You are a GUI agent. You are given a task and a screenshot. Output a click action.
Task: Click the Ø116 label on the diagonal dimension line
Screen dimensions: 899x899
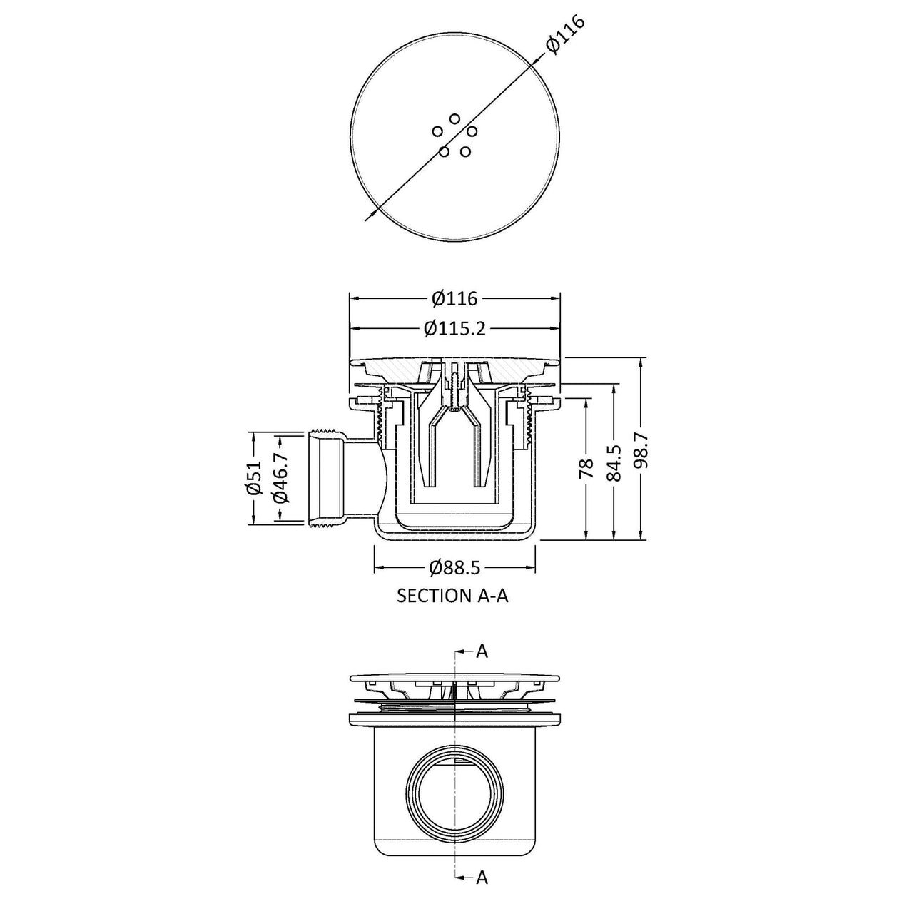[x=565, y=35]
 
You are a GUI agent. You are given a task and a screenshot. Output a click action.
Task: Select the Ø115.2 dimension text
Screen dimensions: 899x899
[x=455, y=329]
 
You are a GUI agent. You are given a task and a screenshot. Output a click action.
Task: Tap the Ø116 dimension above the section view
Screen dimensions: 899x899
[x=455, y=298]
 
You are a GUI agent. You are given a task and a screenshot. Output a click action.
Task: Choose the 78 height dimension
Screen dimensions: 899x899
[x=586, y=469]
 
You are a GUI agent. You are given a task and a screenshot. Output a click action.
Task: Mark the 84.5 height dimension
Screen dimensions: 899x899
[x=614, y=463]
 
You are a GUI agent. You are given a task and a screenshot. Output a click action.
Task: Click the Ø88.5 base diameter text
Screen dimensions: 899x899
[x=454, y=567]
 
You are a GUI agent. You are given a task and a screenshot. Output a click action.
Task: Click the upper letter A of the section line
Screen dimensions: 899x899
[x=482, y=651]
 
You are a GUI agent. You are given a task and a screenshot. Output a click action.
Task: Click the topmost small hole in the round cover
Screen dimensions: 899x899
[x=455, y=118]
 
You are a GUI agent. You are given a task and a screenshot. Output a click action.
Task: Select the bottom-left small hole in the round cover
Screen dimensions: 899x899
[x=444, y=152]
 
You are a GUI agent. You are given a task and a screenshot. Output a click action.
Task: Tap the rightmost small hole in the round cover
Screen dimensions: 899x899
[x=472, y=131]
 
